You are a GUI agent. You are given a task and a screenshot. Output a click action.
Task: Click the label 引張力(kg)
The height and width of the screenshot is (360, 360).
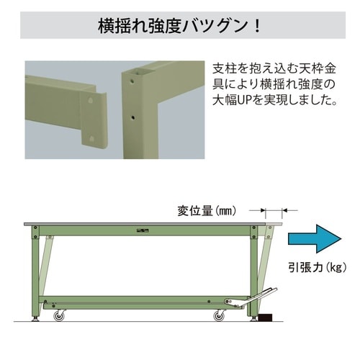pos(313,268)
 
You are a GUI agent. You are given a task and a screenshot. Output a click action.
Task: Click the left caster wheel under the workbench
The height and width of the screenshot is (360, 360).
pos(58,315)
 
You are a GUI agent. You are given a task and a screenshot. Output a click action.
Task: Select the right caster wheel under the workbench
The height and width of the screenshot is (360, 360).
pos(218,315)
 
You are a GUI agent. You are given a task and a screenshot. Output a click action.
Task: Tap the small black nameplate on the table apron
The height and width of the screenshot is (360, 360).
pos(143,230)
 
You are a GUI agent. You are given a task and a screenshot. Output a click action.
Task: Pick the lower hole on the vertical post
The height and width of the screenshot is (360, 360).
pos(132,113)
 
